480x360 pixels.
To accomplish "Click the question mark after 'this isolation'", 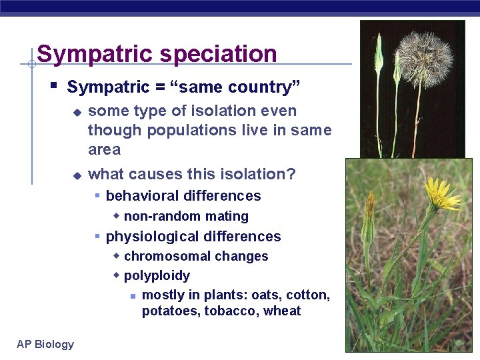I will [291, 174].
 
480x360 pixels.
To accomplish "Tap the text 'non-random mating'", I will [186, 216].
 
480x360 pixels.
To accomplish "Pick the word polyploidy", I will [157, 276].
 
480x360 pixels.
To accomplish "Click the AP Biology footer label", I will [45, 344].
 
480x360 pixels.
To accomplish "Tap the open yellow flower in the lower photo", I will [441, 194].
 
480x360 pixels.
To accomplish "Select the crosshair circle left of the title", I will [31, 64].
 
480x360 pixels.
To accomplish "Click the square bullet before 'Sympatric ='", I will [53, 86].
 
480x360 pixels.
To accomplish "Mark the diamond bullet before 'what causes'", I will [77, 175].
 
